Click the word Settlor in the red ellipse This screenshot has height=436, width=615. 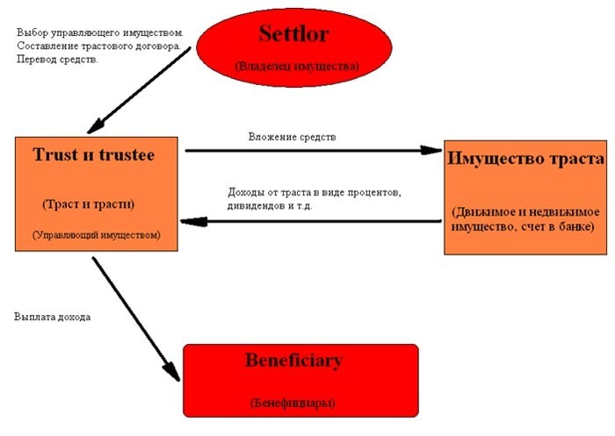point(293,33)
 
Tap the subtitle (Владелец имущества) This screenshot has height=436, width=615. point(297,66)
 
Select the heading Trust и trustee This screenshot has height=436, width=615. point(94,154)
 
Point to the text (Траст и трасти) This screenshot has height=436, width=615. point(88,204)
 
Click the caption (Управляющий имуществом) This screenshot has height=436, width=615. point(97,235)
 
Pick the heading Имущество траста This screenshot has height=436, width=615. point(525,159)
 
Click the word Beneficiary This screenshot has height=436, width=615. point(293,361)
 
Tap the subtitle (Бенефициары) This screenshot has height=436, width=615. point(293,403)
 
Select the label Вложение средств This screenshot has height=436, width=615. point(293,137)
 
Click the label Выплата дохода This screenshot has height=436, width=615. point(53,317)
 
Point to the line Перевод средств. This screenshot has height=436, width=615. point(57,60)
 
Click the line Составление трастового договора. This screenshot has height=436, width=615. point(98,46)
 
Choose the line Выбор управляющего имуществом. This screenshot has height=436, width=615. point(100,33)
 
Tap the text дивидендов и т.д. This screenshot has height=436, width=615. point(270,205)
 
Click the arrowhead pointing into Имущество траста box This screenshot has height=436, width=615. point(431,150)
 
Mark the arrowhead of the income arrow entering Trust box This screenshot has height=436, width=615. point(193,222)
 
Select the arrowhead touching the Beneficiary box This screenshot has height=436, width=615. point(172,371)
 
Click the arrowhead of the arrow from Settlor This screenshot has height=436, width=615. point(96,126)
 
